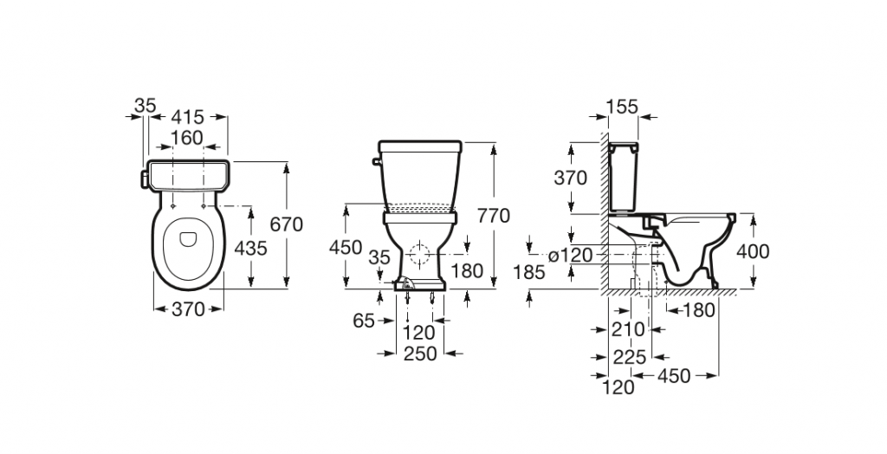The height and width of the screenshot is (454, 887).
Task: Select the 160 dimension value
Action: click(186, 138)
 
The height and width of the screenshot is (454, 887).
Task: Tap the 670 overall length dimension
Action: click(286, 224)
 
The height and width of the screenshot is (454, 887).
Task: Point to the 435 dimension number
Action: click(251, 249)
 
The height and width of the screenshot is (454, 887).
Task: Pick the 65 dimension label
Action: click(364, 321)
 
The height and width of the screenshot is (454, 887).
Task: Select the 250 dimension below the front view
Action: click(419, 354)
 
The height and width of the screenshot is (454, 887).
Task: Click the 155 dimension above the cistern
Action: click(622, 107)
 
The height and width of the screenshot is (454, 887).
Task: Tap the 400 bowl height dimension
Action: click(752, 251)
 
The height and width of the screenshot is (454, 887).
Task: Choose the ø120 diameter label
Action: click(569, 255)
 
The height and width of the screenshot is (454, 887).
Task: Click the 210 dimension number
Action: click(628, 329)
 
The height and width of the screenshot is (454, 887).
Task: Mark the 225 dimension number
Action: click(628, 357)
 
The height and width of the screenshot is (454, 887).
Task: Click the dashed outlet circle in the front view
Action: click(420, 256)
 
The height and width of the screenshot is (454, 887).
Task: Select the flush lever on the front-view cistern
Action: click(374, 160)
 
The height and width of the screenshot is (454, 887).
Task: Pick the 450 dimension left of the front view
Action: click(346, 248)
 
